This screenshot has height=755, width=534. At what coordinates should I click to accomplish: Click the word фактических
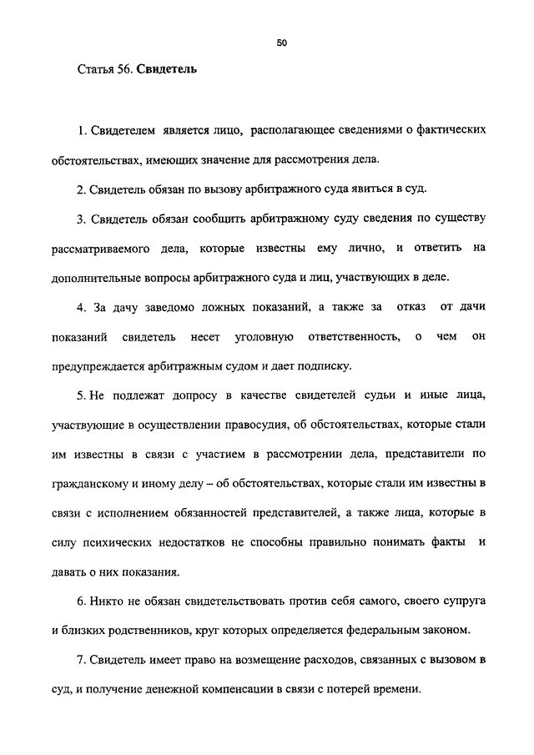click(443, 131)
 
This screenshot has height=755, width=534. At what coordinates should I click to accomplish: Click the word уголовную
click(264, 335)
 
